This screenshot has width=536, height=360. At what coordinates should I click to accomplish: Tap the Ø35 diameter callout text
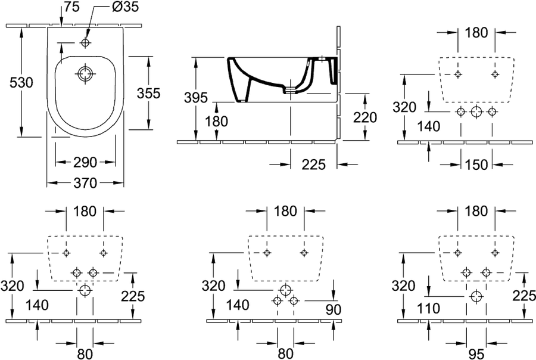pyautogui.click(x=125, y=7)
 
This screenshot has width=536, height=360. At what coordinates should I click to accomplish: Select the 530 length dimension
pyautogui.click(x=21, y=82)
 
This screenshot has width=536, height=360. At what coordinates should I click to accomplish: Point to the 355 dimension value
pyautogui.click(x=148, y=93)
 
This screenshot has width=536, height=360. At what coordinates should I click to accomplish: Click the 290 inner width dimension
pyautogui.click(x=85, y=163)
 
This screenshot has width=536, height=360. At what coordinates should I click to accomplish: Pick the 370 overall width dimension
pyautogui.click(x=85, y=183)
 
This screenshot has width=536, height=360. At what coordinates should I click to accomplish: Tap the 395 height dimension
pyautogui.click(x=196, y=98)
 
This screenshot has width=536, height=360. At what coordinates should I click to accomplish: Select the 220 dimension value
pyautogui.click(x=364, y=118)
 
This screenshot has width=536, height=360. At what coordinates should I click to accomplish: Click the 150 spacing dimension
pyautogui.click(x=476, y=165)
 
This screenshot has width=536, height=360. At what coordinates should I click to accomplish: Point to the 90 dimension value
pyautogui.click(x=334, y=309)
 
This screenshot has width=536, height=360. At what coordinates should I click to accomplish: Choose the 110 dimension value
pyautogui.click(x=428, y=309)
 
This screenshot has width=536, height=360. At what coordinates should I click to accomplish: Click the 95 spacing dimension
pyautogui.click(x=476, y=354)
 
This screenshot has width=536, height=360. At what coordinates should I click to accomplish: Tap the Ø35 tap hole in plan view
pyautogui.click(x=85, y=42)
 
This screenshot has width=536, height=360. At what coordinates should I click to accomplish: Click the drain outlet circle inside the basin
pyautogui.click(x=85, y=73)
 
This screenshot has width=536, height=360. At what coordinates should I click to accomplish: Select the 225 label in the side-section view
pyautogui.click(x=313, y=165)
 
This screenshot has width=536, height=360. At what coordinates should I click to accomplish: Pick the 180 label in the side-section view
pyautogui.click(x=217, y=121)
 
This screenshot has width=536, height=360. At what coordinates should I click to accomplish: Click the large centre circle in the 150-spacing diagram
pyautogui.click(x=476, y=111)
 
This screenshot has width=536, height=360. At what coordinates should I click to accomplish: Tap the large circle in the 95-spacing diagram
pyautogui.click(x=475, y=296)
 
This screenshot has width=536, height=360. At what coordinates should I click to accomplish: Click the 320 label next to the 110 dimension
pyautogui.click(x=403, y=285)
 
